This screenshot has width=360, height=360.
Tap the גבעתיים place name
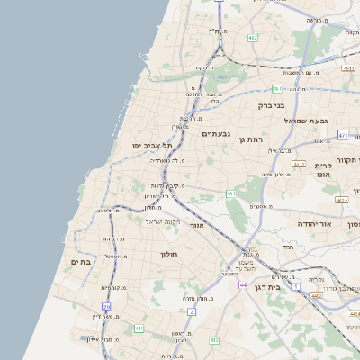[x=217, y=134]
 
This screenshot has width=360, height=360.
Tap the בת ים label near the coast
[x=80, y=263]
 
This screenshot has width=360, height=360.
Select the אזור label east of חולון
[x=197, y=225]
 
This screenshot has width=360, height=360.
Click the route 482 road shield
[x=253, y=38]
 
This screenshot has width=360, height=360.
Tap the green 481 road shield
[x=277, y=89]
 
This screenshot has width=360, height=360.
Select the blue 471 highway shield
[x=343, y=135]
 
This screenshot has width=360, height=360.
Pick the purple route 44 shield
[x=243, y=284]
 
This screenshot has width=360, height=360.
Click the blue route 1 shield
[x=297, y=285]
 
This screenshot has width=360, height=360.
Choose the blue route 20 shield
[x=107, y=307]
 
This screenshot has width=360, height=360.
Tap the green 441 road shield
[x=139, y=328]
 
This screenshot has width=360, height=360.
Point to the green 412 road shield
[x=213, y=340]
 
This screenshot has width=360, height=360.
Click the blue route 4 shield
[x=192, y=311]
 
